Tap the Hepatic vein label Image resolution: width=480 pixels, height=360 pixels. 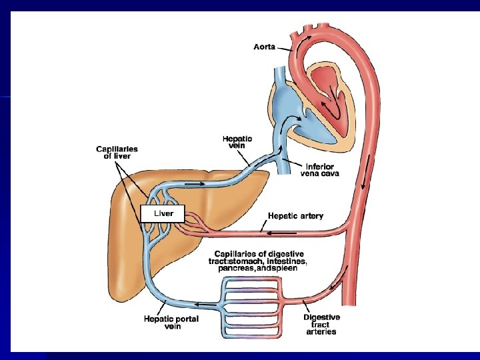pyautogui.click(x=237, y=143)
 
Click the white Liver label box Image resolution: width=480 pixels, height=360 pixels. pyautogui.click(x=157, y=213)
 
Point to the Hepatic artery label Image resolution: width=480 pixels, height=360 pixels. pyautogui.click(x=295, y=215)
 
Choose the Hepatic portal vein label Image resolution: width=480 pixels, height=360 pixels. pyautogui.click(x=171, y=323)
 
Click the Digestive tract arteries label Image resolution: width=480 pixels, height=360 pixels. pyautogui.click(x=321, y=324)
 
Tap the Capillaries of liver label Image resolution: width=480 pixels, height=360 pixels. pyautogui.click(x=117, y=153)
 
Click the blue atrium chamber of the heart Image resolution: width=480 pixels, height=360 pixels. pyautogui.click(x=287, y=107)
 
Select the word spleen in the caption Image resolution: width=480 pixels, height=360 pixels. pyautogui.click(x=285, y=269)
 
